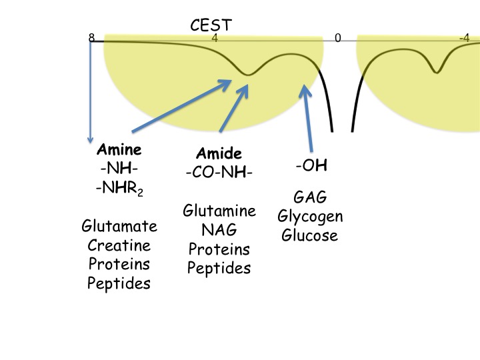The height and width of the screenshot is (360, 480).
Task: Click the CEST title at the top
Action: [x=211, y=25]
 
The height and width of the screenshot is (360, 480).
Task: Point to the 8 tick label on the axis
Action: [x=91, y=38]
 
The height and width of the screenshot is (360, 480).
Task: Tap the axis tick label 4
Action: [x=215, y=38]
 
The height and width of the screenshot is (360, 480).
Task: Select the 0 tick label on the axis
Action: [x=338, y=38]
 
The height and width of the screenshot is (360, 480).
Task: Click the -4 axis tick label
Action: [x=465, y=38]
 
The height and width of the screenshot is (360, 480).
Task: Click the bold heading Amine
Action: [x=119, y=149]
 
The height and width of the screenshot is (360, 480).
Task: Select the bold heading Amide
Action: [x=219, y=155]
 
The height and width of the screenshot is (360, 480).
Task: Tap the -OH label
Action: [x=310, y=165]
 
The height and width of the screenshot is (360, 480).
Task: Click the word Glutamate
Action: [x=119, y=226]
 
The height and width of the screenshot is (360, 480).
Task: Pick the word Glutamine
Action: [x=219, y=211]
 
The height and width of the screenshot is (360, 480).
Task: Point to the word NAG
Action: [x=219, y=231]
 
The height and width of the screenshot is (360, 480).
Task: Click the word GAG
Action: [x=310, y=197]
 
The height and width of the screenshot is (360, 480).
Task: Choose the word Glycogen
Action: [x=310, y=217]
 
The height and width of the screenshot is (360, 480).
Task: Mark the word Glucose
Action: [x=310, y=235]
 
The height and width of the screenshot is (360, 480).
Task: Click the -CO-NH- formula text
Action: [x=219, y=173]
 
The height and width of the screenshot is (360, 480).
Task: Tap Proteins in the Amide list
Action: [x=219, y=249]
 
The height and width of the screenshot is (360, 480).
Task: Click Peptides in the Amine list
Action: [x=119, y=283]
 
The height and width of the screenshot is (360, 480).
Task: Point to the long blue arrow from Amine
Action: [x=180, y=105]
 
